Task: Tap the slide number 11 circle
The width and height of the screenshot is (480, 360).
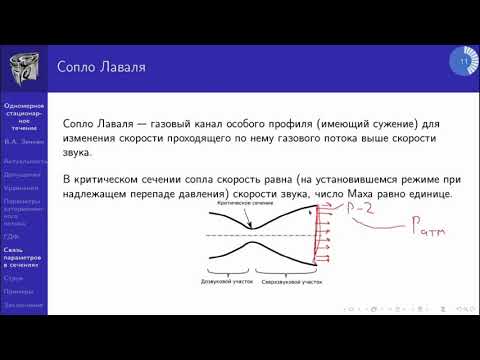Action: click(464, 63)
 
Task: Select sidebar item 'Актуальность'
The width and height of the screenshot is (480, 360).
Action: click(23, 160)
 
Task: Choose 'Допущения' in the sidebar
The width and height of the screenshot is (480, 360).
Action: click(23, 174)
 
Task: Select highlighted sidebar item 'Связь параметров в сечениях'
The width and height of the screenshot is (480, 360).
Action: click(23, 257)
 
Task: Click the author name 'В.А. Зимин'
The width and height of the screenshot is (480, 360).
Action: click(23, 143)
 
